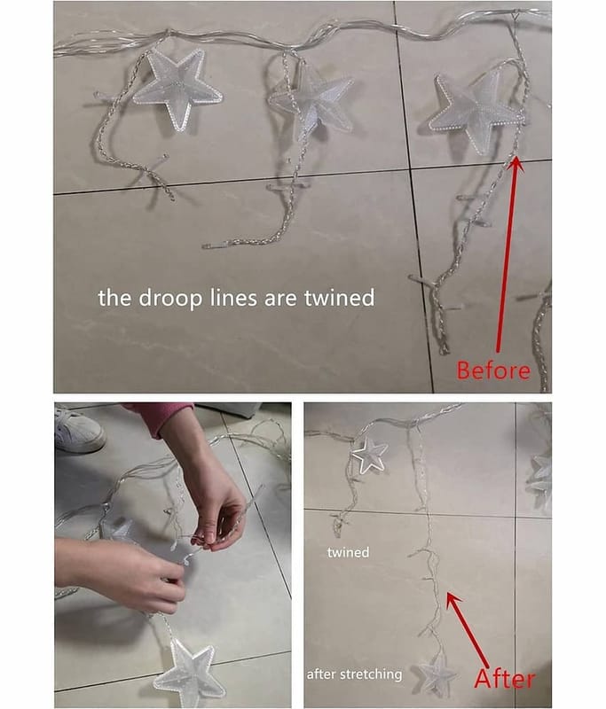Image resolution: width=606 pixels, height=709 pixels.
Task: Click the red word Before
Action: (x=492, y=370)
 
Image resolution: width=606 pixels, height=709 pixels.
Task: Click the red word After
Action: (x=504, y=679)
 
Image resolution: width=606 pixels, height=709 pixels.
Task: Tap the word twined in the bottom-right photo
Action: (x=348, y=552)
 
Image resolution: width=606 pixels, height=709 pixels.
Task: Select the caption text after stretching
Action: (x=354, y=674)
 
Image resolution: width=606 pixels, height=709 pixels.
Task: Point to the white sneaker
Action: (x=78, y=430)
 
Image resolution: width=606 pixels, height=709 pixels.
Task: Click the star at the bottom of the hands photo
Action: (x=190, y=674)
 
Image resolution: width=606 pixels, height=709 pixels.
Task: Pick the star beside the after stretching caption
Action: (x=437, y=674)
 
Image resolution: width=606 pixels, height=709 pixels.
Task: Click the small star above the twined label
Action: (x=369, y=455)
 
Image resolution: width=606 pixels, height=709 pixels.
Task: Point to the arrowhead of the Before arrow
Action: (x=515, y=164)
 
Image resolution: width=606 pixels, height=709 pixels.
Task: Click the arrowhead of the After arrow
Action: (x=453, y=600)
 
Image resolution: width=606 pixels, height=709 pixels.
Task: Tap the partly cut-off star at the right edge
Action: (x=540, y=480)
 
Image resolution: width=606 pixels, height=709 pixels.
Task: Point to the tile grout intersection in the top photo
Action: (x=411, y=169)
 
